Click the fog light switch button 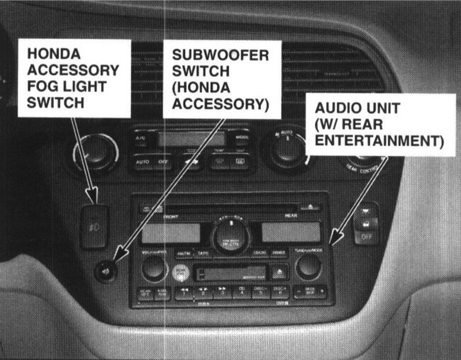coord(94,225)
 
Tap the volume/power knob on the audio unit coord(153,267)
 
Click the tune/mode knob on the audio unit coord(309,266)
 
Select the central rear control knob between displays coord(230,233)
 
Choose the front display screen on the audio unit coord(171,232)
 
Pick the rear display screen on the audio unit coord(291,232)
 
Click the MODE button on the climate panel coord(242,137)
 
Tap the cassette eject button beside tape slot coord(280,271)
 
